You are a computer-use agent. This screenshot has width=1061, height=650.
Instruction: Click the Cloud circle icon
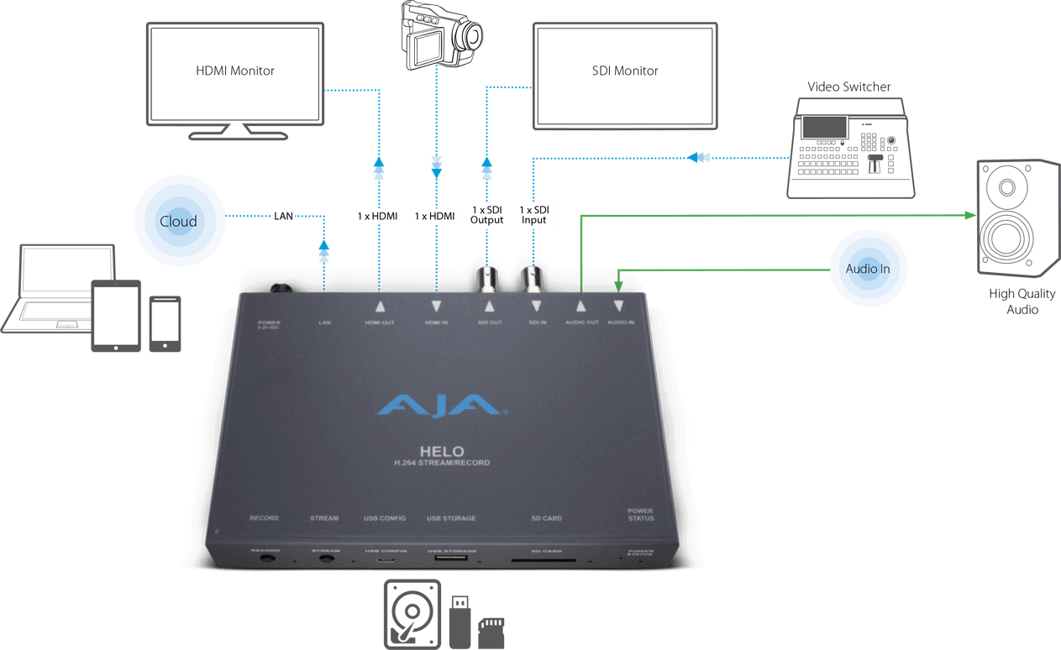click(x=179, y=222)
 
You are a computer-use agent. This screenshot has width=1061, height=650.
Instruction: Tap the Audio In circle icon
click(x=867, y=269)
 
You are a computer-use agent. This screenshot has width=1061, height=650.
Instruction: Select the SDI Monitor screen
click(x=624, y=75)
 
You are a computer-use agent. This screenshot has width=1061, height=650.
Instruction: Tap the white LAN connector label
click(x=284, y=217)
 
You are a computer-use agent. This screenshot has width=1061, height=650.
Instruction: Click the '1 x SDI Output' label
click(x=486, y=214)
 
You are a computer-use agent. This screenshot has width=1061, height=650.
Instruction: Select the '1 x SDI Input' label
click(x=533, y=214)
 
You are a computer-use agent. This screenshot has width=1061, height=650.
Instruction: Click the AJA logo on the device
click(x=442, y=407)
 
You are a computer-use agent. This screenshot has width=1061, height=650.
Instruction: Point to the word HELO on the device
click(x=442, y=451)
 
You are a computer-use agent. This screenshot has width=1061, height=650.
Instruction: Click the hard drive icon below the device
click(x=412, y=613)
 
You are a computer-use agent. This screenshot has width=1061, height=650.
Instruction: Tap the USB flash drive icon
click(x=460, y=621)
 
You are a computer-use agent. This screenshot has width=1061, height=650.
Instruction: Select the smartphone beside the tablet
click(x=165, y=322)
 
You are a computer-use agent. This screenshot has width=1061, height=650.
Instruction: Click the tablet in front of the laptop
click(x=116, y=317)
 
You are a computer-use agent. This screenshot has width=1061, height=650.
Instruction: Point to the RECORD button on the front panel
click(x=268, y=558)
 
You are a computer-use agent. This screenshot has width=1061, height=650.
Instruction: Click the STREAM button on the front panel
click(x=326, y=558)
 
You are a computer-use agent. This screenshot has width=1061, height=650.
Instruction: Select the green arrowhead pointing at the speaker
click(x=969, y=216)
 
